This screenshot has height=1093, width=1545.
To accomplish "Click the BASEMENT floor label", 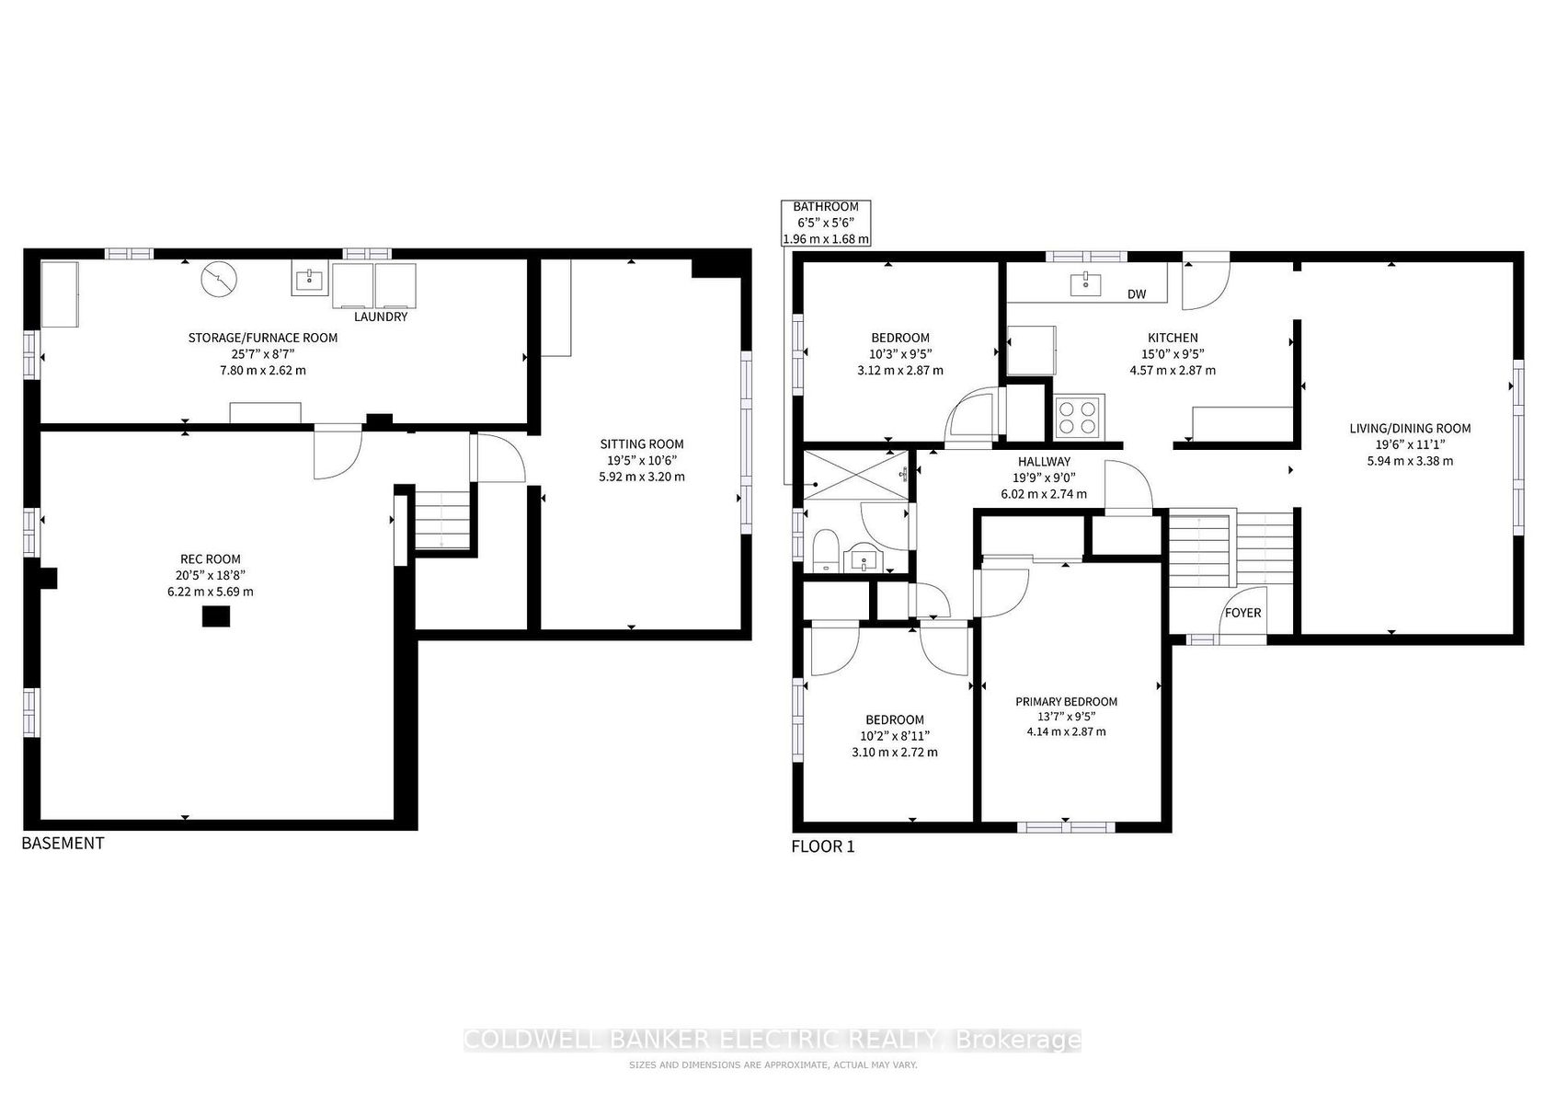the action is tap(63, 843).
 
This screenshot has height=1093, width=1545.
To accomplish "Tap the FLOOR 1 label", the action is tap(823, 846).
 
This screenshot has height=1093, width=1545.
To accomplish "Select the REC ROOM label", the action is tap(211, 559).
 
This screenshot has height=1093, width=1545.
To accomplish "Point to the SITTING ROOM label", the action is tap(642, 443).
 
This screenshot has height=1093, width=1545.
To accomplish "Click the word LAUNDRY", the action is tap(381, 316).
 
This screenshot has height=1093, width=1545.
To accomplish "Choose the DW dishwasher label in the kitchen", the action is tap(1137, 294).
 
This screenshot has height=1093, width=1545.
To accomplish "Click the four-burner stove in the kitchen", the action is tap(1080, 417).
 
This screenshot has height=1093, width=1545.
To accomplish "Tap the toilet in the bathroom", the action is tap(825, 550).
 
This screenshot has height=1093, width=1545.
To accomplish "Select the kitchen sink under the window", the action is tap(1085, 284).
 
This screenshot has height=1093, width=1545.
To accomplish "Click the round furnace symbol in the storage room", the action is tap(219, 280).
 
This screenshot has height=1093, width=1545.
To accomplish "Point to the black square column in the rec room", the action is tap(216, 616).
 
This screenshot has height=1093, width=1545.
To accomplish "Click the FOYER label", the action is tap(1243, 613).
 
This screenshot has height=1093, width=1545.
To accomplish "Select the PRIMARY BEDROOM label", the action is tap(1067, 702).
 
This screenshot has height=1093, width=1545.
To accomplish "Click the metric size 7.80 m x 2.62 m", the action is tap(263, 371).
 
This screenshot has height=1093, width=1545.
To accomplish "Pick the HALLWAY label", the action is tap(1045, 462).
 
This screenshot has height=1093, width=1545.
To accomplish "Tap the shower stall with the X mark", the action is tap(856, 474).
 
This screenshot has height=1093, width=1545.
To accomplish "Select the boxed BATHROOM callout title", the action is tap(826, 206).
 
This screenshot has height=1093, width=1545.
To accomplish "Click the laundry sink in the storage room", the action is tap(310, 280).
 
